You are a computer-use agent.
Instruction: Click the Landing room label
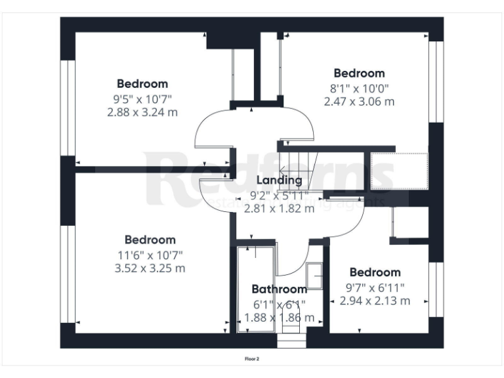tap(279, 180)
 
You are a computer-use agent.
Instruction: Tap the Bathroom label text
tap(279, 289)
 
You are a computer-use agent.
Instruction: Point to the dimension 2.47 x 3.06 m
tap(359, 101)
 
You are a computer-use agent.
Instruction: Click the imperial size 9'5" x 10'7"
tap(142, 98)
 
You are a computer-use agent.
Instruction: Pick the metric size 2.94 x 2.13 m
tap(375, 301)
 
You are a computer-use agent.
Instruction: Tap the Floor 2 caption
tap(253, 359)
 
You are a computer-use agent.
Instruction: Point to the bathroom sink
tap(315, 276)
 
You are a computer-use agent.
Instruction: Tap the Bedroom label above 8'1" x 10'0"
tap(359, 73)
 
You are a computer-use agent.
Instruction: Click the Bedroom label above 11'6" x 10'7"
tap(150, 240)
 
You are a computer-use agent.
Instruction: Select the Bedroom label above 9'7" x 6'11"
tap(375, 272)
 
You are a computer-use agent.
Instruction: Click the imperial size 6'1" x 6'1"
tap(279, 304)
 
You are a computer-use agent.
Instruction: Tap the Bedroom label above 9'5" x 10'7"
tap(142, 83)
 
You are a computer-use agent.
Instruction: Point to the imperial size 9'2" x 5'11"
tap(278, 195)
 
